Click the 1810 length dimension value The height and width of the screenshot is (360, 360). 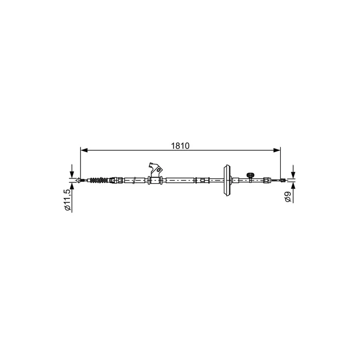[180, 146]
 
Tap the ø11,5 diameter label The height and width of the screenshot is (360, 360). [67, 200]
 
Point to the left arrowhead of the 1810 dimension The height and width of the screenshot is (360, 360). [84, 150]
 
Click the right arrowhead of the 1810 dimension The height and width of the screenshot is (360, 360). [277, 150]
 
